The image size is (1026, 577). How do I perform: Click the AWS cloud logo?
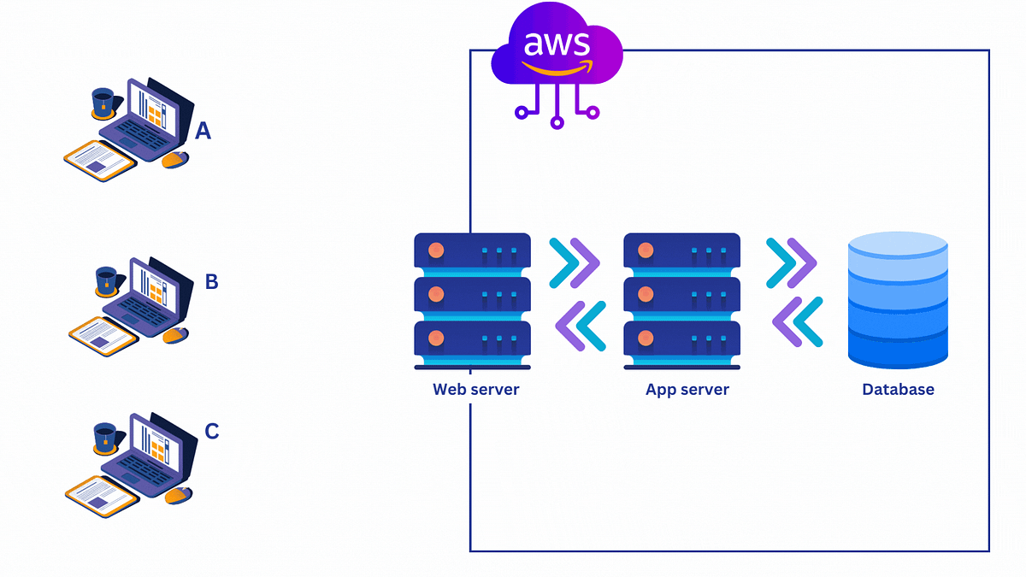point(557,51)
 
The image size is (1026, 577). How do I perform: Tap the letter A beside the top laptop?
point(203,131)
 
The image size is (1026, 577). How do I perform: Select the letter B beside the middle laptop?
point(211,281)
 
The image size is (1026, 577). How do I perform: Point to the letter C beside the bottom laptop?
point(212,432)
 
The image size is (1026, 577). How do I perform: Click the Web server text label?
point(475,390)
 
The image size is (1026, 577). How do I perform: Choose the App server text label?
point(687,390)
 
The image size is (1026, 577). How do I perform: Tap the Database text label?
point(898,390)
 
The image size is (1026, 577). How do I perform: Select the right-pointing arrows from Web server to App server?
point(574,261)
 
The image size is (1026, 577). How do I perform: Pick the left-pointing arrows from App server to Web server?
point(581,326)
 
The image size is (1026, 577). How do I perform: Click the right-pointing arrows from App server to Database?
point(791,261)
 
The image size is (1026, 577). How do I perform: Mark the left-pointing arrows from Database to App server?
point(797,321)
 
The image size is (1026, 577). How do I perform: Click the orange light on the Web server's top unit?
point(436,251)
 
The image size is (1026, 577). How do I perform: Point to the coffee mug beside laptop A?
point(103,103)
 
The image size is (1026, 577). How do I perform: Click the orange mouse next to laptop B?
point(175,335)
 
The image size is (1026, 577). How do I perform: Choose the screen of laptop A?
point(154,109)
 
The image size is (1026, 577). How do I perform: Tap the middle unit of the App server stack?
point(682,294)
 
